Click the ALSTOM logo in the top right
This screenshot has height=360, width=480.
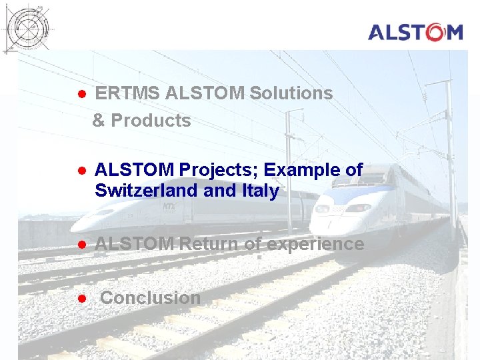point(415,32)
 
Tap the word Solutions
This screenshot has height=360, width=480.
point(291,93)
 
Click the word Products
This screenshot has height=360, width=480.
point(151,121)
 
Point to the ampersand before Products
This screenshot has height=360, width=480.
point(99,121)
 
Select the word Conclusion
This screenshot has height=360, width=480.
point(150,298)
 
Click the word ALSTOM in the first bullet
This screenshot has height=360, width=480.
point(205,93)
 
